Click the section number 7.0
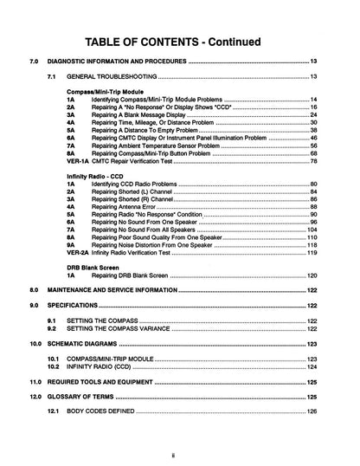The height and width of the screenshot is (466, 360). pyautogui.click(x=33, y=62)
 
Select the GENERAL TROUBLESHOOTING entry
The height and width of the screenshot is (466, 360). pyautogui.click(x=119, y=78)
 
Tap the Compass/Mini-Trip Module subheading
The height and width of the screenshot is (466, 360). pyautogui.click(x=105, y=92)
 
